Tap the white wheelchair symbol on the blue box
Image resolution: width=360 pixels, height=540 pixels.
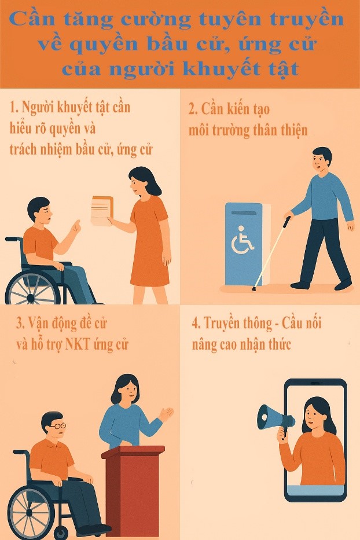[x=242, y=240]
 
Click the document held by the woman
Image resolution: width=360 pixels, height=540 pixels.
[x=102, y=211]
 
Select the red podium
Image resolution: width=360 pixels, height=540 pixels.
[x=133, y=488]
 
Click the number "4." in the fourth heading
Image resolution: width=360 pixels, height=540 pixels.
[x=196, y=324]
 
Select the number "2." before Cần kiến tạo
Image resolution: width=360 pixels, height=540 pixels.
[x=193, y=109]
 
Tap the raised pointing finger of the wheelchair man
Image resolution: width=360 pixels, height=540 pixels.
[x=77, y=225]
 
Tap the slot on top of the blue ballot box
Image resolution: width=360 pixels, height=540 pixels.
[x=244, y=213]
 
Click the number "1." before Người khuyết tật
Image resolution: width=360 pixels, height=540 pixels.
[x=14, y=108]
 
